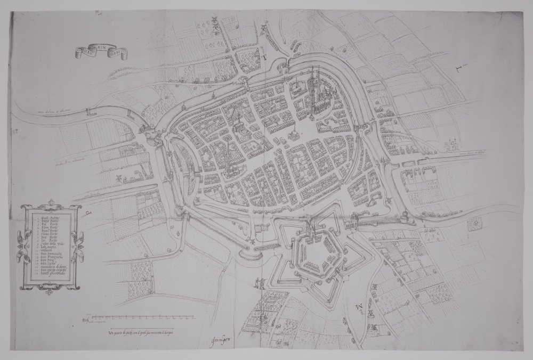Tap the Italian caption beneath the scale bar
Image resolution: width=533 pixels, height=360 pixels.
pos(141,332)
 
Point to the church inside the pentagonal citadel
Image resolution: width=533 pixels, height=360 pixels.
pos(309,234)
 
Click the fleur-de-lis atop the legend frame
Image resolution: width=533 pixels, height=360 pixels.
pos(51,203)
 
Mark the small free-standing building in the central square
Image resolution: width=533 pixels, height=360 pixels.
pos(292,134)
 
